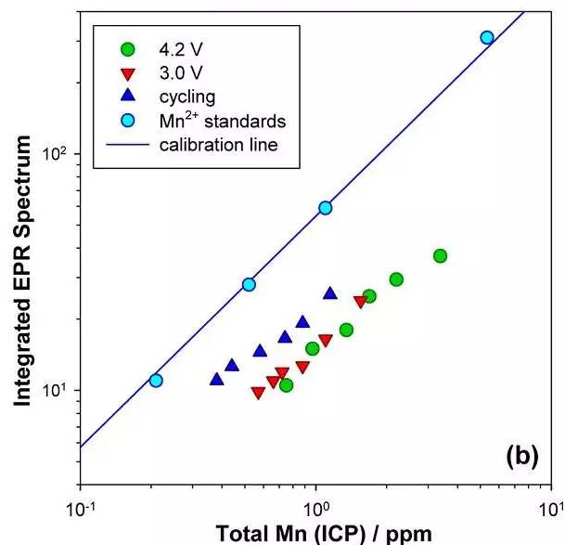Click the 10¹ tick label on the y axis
[56, 390]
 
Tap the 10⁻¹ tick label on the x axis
[81, 508]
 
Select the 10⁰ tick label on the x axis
[318, 508]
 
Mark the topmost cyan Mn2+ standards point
[487, 37]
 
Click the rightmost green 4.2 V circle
[440, 255]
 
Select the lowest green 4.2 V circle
[286, 385]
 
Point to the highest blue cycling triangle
[329, 293]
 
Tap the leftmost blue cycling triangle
[216, 379]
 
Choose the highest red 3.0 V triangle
[360, 302]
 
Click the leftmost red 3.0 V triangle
[258, 393]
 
